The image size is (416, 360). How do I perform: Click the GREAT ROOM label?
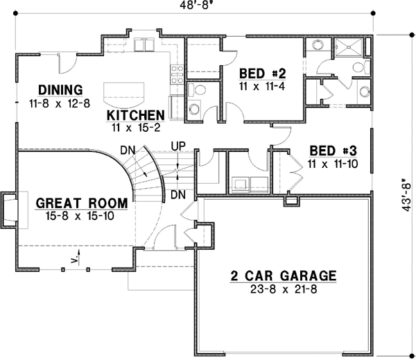coord(81,203)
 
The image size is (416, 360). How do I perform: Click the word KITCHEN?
coord(136,115)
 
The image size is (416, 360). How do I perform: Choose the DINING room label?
coord(60,89)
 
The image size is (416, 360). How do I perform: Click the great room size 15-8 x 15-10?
coord(81,216)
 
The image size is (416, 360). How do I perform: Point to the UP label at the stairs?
coord(177,147)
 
